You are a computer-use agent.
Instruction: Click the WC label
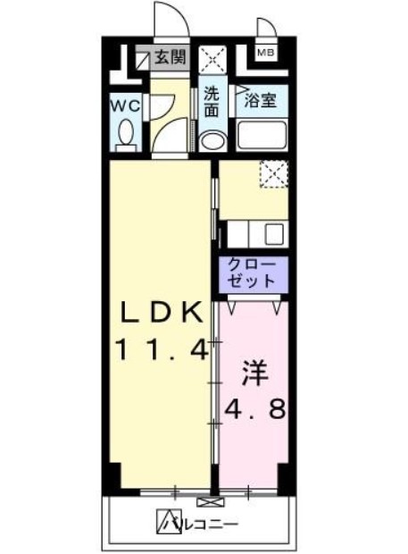coord(125,105)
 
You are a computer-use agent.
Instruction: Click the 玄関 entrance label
coord(170,59)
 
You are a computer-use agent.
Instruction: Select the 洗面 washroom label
coord(211,102)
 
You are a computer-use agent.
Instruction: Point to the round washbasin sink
coord(212,141)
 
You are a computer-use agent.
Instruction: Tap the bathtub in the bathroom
coord(261,138)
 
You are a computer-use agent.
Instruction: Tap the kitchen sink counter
coord(254,234)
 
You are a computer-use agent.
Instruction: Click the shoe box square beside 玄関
coord(141,59)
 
